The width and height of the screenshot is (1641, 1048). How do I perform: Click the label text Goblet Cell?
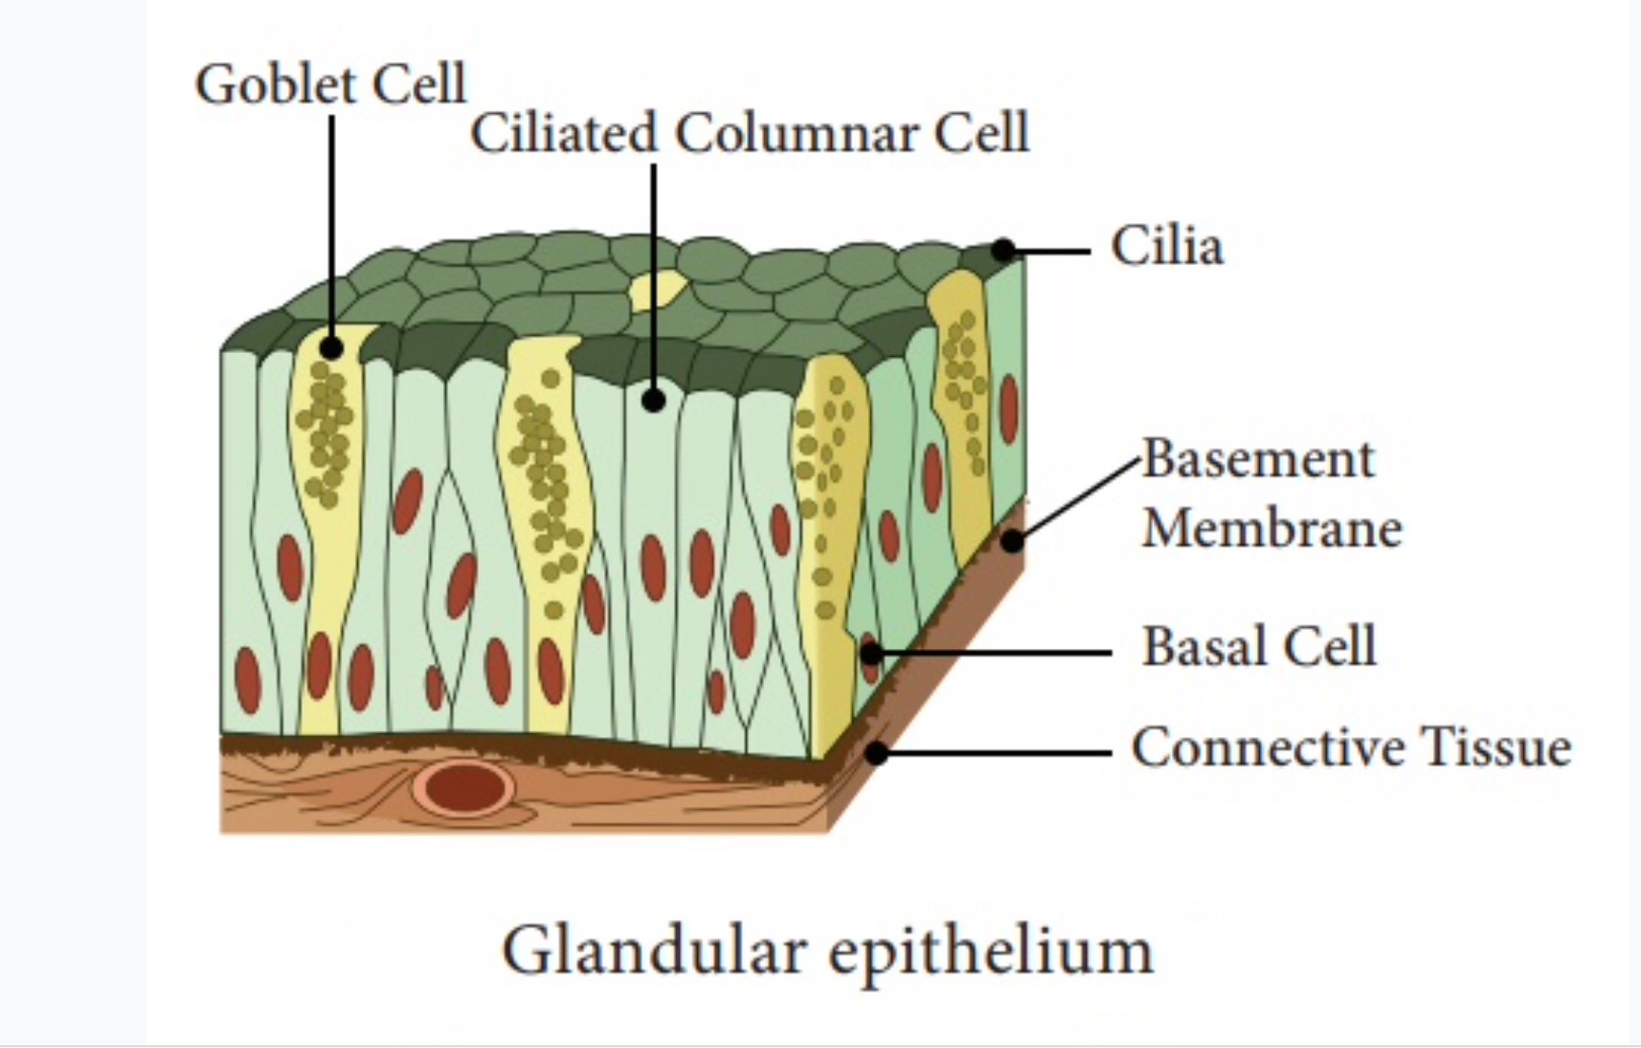(x=330, y=84)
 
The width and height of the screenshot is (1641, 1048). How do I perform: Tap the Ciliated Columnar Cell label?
(x=749, y=133)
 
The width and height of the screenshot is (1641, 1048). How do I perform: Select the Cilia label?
(x=1166, y=246)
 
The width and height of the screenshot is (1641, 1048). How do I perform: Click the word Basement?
(x=1258, y=458)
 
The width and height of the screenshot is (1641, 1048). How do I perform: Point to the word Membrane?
(x=1271, y=527)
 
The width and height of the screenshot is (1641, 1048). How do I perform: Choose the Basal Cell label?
(x=1258, y=646)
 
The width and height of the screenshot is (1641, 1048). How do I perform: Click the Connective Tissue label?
(x=1350, y=747)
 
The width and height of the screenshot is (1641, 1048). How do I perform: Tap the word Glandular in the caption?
(x=650, y=950)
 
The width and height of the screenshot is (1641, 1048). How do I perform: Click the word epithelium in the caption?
(x=991, y=950)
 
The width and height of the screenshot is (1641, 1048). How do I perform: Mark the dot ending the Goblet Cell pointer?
(x=332, y=347)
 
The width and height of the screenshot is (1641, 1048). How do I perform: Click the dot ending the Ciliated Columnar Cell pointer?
(x=654, y=400)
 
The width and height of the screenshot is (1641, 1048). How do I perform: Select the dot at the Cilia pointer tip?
(x=1002, y=251)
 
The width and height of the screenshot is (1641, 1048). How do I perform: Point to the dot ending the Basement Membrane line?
(x=1012, y=542)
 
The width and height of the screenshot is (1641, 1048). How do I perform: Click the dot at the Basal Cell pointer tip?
(x=870, y=654)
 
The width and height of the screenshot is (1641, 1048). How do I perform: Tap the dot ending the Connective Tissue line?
(x=876, y=753)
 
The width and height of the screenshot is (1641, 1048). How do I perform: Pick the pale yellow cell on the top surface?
(x=658, y=288)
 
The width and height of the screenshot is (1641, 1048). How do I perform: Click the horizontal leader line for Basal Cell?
(x=996, y=654)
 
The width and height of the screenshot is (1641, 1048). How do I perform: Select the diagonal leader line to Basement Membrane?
(x=1077, y=500)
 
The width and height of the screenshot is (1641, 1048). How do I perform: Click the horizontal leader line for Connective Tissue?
(x=996, y=753)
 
